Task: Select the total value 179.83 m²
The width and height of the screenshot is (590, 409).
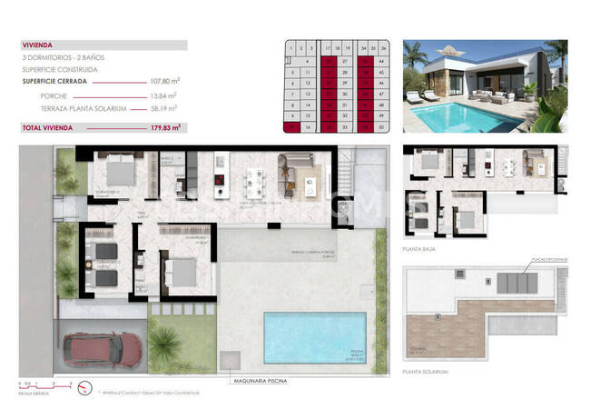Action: pyautogui.click(x=165, y=127)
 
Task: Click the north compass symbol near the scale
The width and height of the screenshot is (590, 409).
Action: pyautogui.click(x=84, y=388)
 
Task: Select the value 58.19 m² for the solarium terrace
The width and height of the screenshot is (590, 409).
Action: pyautogui.click(x=164, y=108)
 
